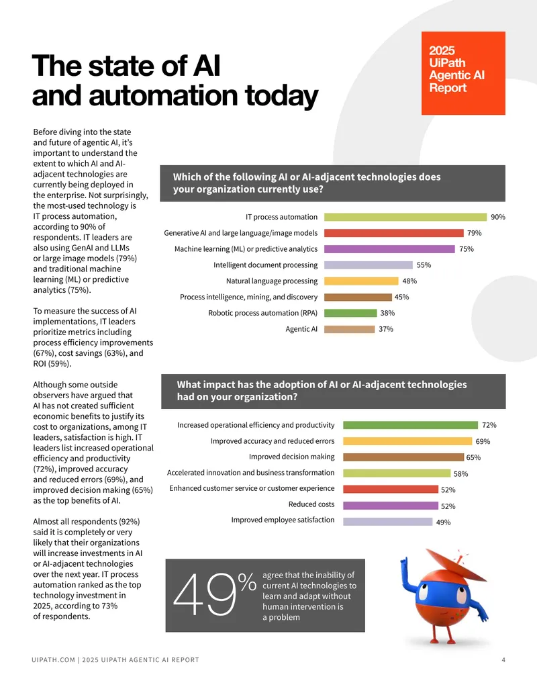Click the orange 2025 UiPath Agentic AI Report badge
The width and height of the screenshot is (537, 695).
(x=463, y=73)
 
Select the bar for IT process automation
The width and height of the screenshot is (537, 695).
(x=405, y=217)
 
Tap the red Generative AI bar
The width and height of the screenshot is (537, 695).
(x=393, y=233)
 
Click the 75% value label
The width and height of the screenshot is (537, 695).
(x=467, y=249)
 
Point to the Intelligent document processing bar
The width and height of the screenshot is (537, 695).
(x=369, y=265)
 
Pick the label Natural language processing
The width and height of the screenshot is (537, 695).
(x=272, y=281)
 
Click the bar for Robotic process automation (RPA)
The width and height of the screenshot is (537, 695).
(x=350, y=313)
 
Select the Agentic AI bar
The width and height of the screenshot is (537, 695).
(x=349, y=329)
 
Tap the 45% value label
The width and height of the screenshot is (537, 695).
(x=402, y=297)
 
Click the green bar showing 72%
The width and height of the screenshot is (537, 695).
(x=410, y=425)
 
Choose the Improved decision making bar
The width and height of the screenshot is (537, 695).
(x=403, y=457)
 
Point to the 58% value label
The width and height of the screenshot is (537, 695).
(x=460, y=474)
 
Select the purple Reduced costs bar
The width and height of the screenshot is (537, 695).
(x=391, y=506)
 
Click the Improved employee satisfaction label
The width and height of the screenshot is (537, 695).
(x=283, y=520)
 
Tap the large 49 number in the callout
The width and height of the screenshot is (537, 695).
(x=205, y=595)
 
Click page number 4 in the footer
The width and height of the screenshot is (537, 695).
(x=503, y=660)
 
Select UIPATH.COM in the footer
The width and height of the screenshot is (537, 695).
(x=53, y=660)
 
